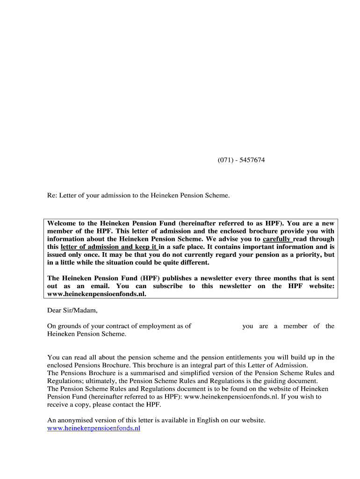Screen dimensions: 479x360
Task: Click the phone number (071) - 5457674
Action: (x=241, y=160)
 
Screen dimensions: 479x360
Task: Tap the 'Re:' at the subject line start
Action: (x=52, y=195)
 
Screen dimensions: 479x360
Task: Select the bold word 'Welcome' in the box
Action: (x=62, y=224)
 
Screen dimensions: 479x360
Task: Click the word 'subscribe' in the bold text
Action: (x=168, y=286)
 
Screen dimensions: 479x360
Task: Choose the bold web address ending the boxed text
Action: (x=94, y=294)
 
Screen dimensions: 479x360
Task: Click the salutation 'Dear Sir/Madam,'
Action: (x=72, y=310)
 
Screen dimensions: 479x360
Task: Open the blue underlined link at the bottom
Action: (x=94, y=428)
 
